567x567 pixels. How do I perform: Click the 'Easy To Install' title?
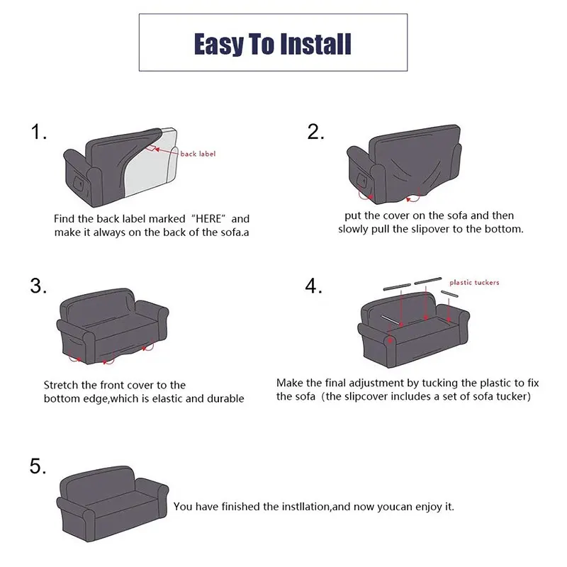tap(273, 45)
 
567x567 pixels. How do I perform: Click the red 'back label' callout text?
tap(198, 154)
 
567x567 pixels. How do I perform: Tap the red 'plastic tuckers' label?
tap(474, 283)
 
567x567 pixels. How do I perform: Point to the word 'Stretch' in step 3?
tap(62, 385)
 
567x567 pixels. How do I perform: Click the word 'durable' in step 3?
tap(225, 399)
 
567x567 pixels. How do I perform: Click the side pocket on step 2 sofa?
tap(364, 178)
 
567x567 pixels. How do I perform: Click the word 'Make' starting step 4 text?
tap(290, 382)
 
